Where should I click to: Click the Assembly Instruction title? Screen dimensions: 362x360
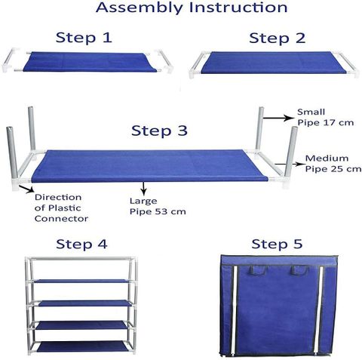192,8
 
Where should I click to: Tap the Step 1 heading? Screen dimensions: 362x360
84,38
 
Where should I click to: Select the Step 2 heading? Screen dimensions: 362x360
277,38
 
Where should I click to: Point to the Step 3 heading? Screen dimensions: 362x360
159,131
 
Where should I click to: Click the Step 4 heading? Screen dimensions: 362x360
81,244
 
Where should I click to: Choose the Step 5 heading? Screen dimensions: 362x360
277,244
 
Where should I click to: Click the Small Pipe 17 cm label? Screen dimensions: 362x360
326,117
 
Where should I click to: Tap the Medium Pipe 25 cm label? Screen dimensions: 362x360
333,164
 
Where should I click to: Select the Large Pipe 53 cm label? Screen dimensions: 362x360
158,206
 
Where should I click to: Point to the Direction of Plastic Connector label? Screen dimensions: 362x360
61,208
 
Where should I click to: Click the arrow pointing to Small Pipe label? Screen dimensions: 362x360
278,118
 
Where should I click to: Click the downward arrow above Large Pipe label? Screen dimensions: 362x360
143,189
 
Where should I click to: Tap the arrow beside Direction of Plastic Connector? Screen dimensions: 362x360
26,189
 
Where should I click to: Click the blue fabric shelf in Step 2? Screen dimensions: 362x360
274,63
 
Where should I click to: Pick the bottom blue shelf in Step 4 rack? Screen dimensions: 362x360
82,346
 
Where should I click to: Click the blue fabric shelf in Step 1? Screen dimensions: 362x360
90,62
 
